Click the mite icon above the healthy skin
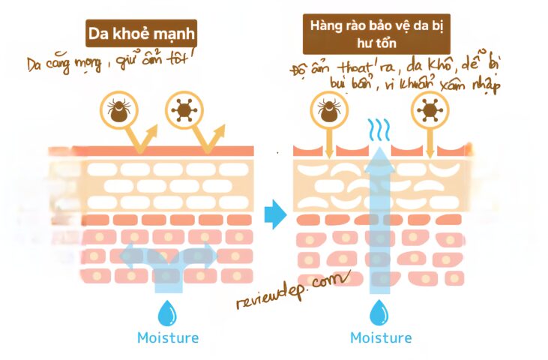point(117,110)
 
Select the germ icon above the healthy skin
point(182,110)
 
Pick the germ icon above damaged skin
point(430,110)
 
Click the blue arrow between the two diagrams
point(276,214)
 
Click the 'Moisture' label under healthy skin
point(168,337)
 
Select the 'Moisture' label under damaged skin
point(381,337)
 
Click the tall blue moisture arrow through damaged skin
point(380,217)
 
